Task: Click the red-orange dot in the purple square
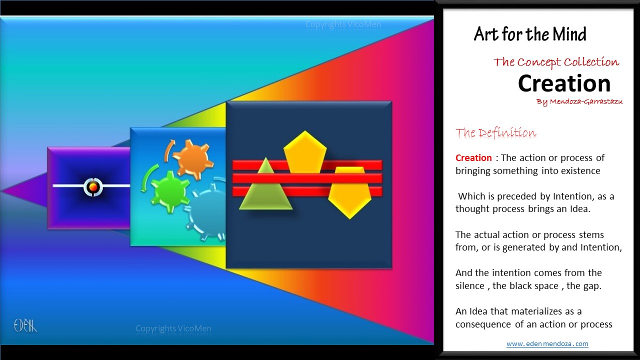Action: tap(93, 187)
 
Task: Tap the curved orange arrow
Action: tap(168, 150)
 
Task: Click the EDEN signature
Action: tap(25, 325)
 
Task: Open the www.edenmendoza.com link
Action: tap(547, 343)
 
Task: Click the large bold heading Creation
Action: tap(564, 83)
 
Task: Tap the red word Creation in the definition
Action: tap(473, 157)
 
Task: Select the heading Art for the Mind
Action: tap(530, 34)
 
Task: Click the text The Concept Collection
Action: tap(556, 62)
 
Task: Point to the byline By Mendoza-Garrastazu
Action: tap(579, 101)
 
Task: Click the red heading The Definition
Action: tap(495, 133)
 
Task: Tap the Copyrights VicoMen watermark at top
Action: tap(343, 24)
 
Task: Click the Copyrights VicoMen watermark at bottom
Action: tap(173, 328)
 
